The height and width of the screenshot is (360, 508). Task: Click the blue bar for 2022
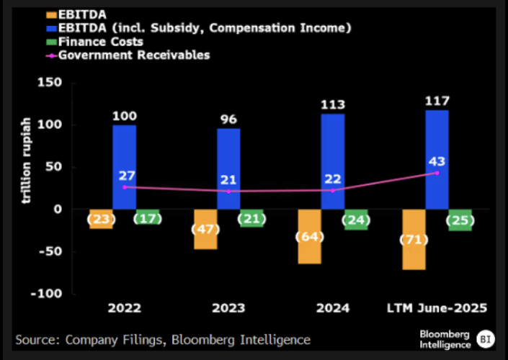(124, 148)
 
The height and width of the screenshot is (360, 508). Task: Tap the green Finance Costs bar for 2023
(251, 218)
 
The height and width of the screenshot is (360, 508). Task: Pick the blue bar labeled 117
(437, 137)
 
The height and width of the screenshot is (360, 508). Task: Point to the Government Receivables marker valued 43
(437, 173)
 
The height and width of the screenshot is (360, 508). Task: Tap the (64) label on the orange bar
(309, 238)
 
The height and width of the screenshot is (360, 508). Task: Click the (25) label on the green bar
(460, 220)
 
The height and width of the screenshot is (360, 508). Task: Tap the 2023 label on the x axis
(228, 308)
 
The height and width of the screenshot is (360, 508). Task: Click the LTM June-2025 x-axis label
(437, 308)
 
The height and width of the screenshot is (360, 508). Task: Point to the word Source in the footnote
(37, 339)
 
